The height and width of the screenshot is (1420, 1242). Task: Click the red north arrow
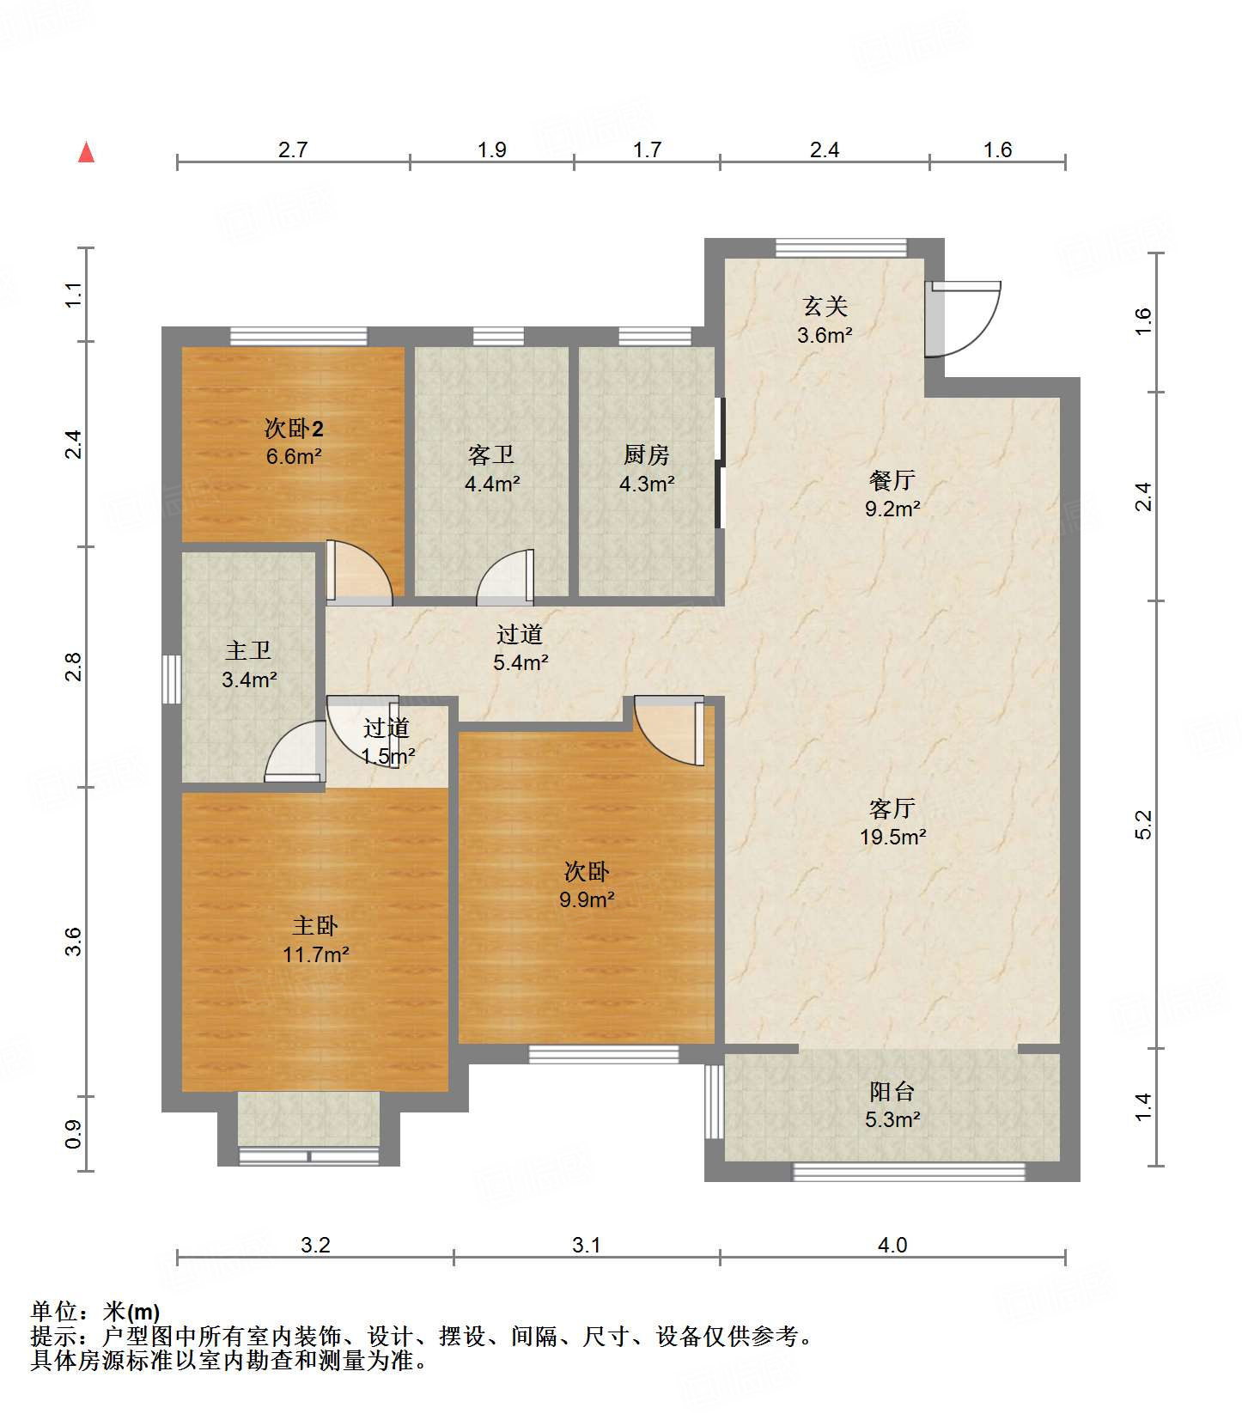pos(86,152)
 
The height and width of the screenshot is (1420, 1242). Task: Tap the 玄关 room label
pos(825,306)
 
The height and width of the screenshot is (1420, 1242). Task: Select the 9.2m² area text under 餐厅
pos(892,509)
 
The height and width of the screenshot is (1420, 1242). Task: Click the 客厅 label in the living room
pos(892,808)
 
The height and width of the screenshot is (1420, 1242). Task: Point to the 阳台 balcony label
pos(892,1091)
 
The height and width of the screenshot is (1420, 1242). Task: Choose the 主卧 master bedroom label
pos(315,925)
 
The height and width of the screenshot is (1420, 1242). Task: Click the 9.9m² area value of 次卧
pos(587,899)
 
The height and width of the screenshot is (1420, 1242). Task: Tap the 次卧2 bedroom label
pos(294,427)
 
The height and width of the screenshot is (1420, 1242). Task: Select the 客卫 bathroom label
pos(491,454)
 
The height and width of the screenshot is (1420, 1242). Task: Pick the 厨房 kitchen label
pos(646,454)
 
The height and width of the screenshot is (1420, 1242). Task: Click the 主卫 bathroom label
pos(248,650)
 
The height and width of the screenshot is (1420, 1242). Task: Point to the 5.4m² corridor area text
pos(521,662)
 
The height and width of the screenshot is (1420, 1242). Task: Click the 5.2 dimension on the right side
pos(1142,825)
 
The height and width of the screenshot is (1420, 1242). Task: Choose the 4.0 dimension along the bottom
pos(892,1245)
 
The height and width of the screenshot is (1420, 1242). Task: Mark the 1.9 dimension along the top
pos(492,149)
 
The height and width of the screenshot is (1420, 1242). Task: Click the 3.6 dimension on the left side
pos(75,942)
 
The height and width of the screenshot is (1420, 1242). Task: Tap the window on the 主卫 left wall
pos(172,680)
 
